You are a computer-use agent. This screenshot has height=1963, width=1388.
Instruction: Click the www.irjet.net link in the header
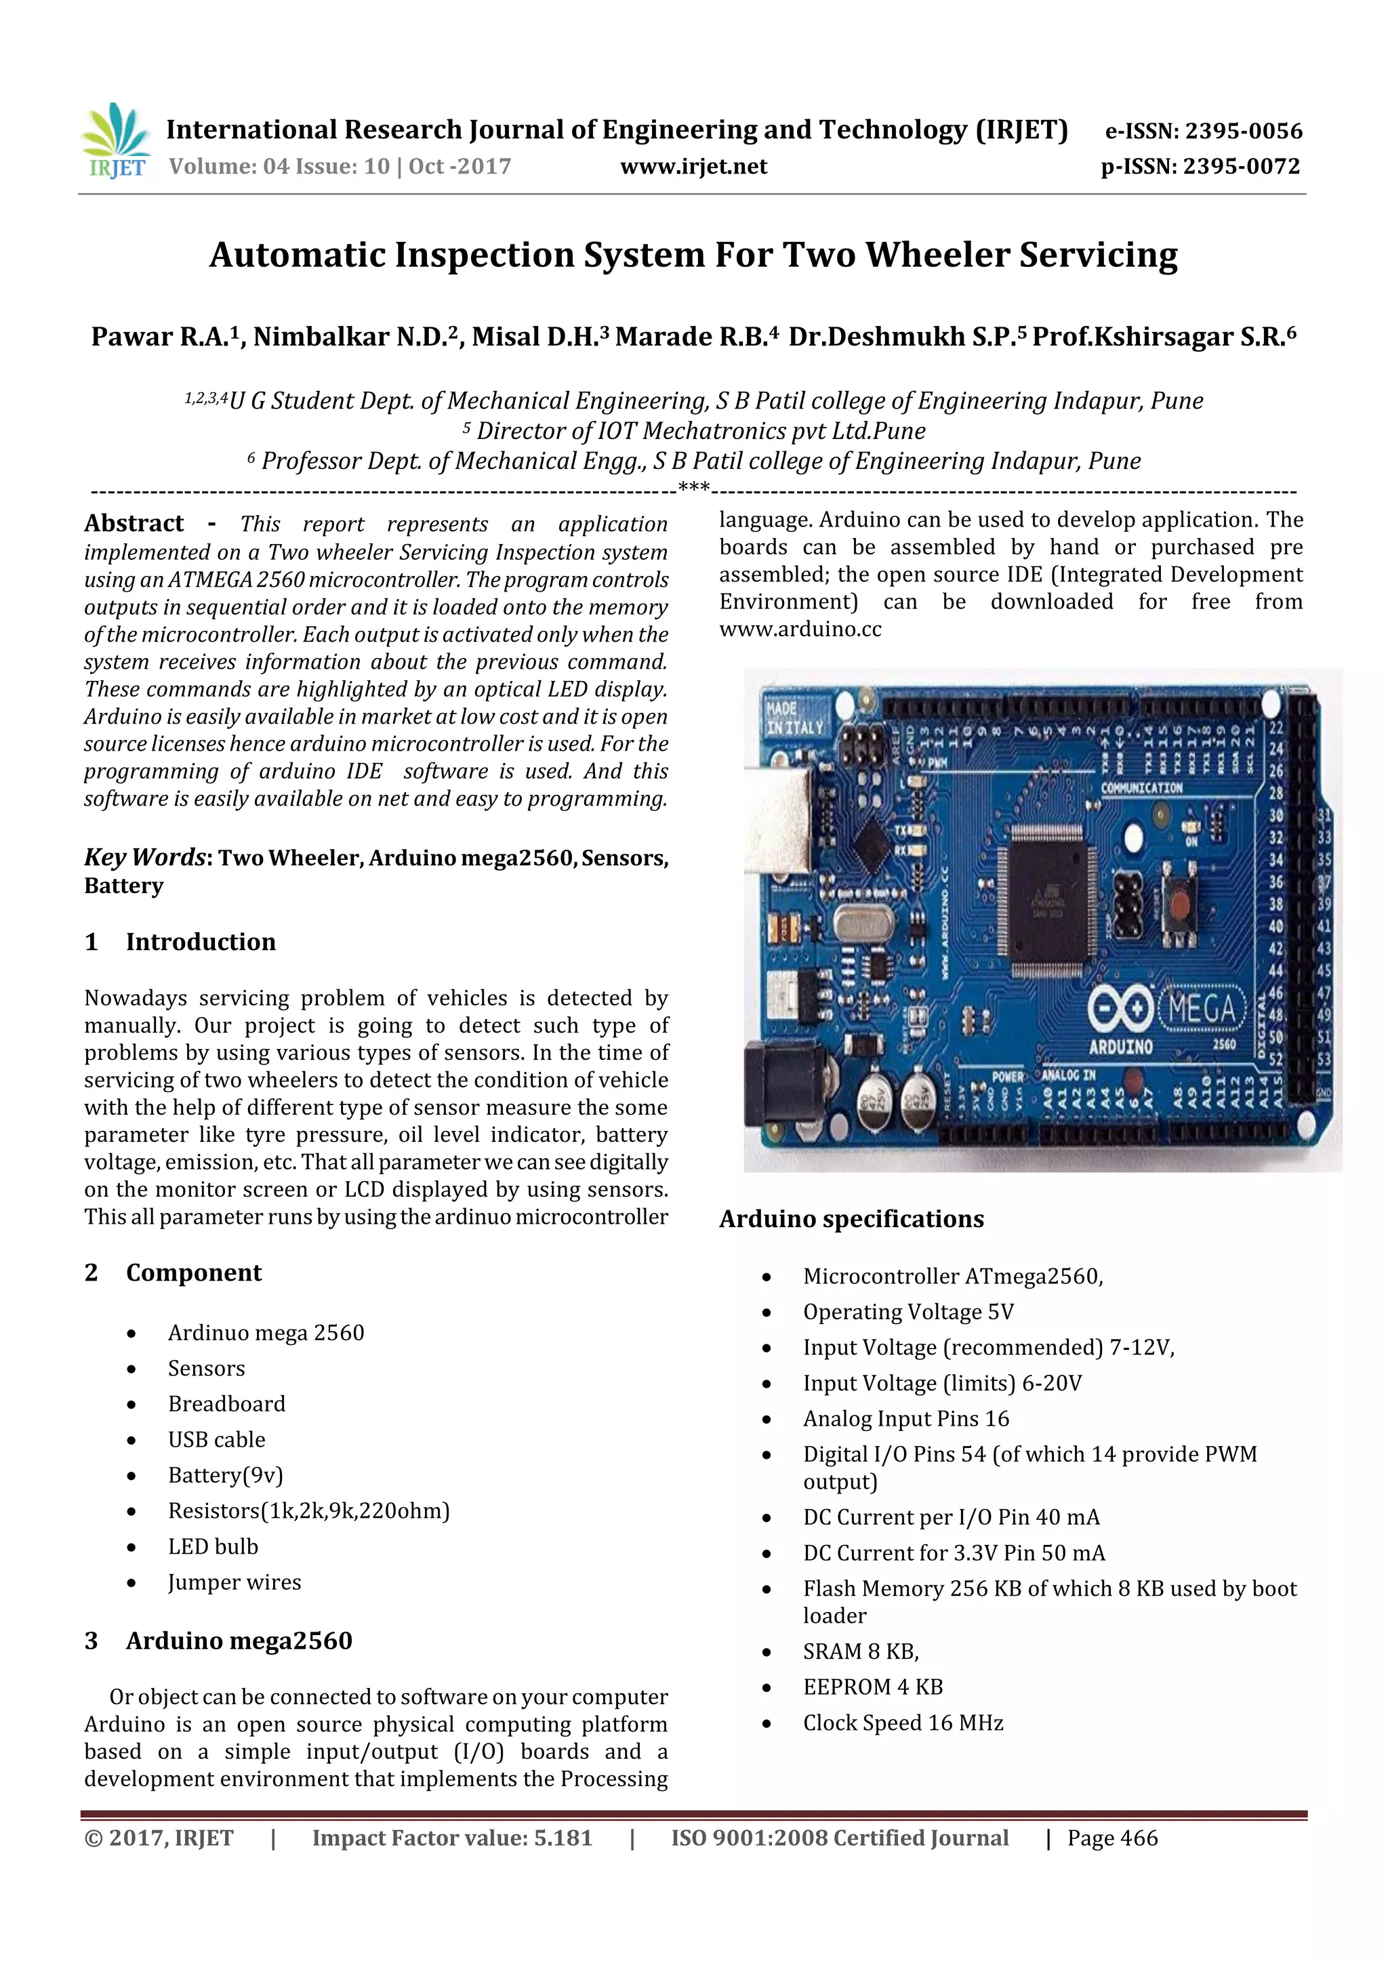[x=693, y=167]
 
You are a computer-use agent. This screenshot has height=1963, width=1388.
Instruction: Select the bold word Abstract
[x=134, y=523]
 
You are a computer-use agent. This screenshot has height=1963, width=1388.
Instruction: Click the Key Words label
[x=146, y=858]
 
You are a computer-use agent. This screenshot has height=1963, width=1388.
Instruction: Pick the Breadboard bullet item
[x=226, y=1404]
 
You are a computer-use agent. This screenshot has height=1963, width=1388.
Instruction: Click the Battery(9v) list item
[x=225, y=1475]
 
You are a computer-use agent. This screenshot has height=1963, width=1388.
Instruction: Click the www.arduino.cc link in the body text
[x=800, y=629]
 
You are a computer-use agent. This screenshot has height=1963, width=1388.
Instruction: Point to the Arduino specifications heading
[x=851, y=1219]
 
